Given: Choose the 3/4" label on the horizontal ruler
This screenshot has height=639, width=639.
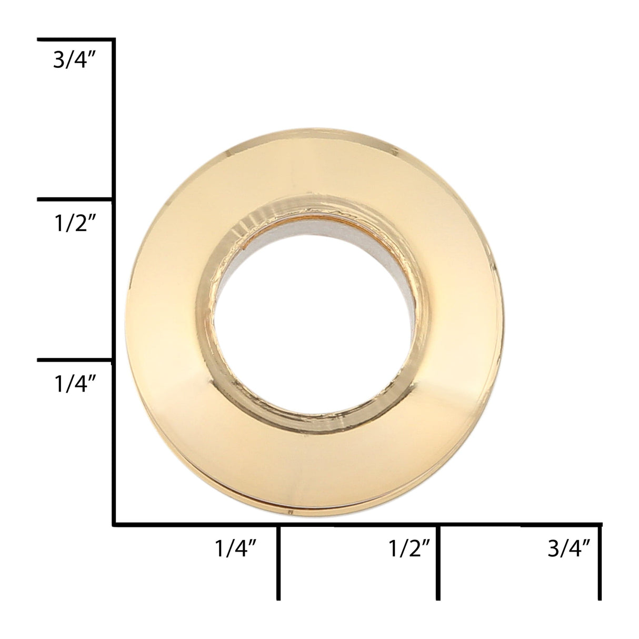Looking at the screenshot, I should click(568, 550).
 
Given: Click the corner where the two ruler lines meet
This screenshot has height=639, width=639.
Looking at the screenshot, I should click(114, 524).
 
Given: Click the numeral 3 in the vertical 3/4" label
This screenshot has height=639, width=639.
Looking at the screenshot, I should click(59, 62).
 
